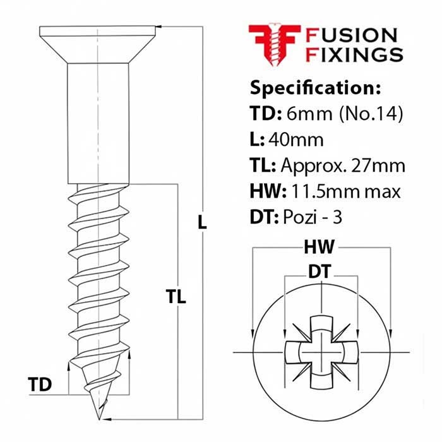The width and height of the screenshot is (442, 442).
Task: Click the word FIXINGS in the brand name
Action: pyautogui.click(x=354, y=55)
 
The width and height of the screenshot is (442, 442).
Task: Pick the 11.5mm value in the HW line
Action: pyautogui.click(x=331, y=191)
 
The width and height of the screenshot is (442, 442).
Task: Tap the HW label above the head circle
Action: pyautogui.click(x=322, y=246)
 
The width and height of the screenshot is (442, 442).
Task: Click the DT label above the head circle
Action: pyautogui.click(x=321, y=272)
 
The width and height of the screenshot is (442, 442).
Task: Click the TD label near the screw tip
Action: pyautogui.click(x=39, y=383)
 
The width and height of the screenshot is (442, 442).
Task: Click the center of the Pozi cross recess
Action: pyautogui.click(x=322, y=351)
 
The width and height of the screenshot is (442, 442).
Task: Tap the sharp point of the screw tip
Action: pyautogui.click(x=99, y=417)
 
